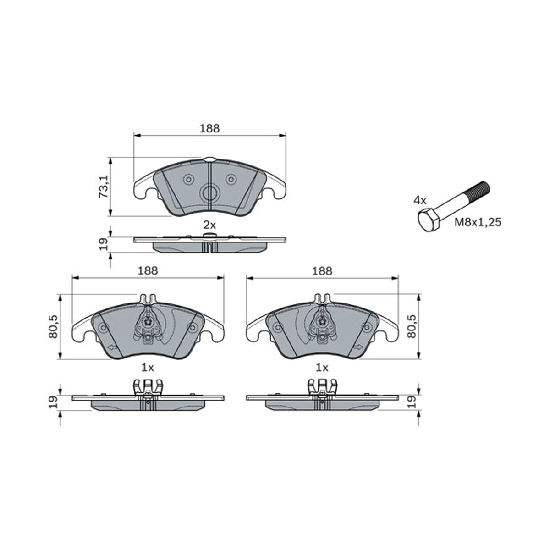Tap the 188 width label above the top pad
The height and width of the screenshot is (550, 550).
pyautogui.click(x=209, y=128)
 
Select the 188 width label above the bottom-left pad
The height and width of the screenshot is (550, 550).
pyautogui.click(x=148, y=270)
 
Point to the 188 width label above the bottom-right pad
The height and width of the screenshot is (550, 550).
pyautogui.click(x=322, y=270)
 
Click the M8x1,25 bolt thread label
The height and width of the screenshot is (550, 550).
pyautogui.click(x=478, y=222)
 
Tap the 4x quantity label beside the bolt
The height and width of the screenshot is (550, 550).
pyautogui.click(x=420, y=201)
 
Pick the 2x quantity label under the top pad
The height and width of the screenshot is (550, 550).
pyautogui.click(x=209, y=225)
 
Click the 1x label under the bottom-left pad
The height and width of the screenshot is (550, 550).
pyautogui.click(x=148, y=368)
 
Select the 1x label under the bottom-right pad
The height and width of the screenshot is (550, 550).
pyautogui.click(x=322, y=368)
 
